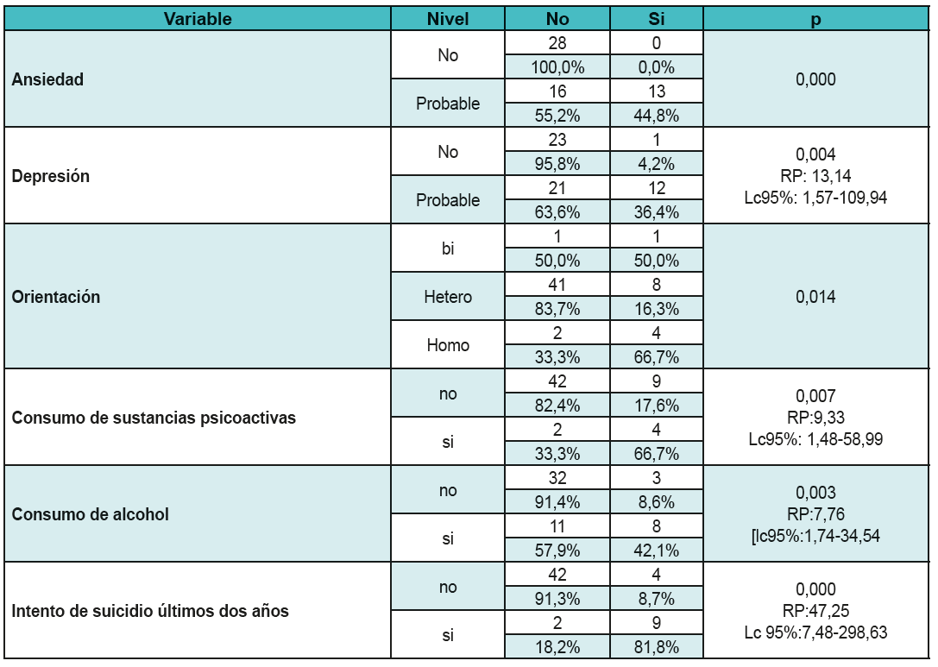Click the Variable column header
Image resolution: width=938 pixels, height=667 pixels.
pos(198,19)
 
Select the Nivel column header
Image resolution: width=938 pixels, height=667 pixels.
pos(448,19)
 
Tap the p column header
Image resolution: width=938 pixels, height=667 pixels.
pos(815,19)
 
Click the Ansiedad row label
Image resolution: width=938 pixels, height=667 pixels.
pos(48,79)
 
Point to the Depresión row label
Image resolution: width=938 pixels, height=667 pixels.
pos(51,176)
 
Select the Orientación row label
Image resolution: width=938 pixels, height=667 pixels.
pos(56,297)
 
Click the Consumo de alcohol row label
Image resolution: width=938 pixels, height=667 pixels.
pos(91,514)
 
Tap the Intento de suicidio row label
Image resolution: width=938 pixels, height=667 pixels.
pos(150,611)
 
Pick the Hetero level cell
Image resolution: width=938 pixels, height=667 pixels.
pos(448,297)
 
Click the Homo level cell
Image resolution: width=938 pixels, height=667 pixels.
pos(448,345)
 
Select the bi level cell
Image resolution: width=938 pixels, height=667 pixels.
pos(448,249)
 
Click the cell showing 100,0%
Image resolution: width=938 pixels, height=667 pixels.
pos(557,67)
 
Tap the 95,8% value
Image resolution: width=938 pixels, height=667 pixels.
pos(557,164)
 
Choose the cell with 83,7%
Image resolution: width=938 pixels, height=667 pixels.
pos(557,309)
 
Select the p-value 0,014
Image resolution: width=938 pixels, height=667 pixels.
pos(815,297)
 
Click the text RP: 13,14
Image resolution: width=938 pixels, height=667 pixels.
pos(815,176)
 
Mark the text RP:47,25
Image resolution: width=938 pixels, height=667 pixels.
pos(815,611)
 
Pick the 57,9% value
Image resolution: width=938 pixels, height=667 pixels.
pos(557,551)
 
